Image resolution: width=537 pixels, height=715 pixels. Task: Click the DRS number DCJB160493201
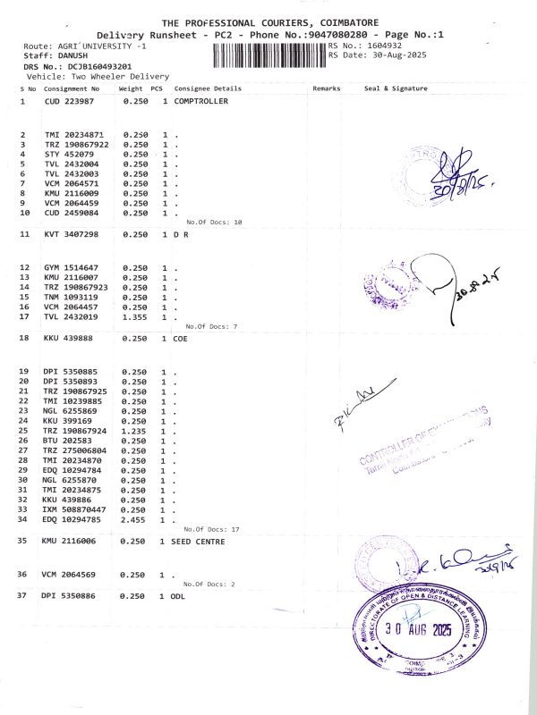(x=88, y=66)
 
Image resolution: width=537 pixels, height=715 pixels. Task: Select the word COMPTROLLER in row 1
(x=200, y=101)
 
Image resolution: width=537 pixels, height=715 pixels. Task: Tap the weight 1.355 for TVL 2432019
(x=135, y=316)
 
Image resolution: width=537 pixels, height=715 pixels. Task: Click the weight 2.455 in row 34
(x=135, y=518)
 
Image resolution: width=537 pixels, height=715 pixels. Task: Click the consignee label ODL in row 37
(x=177, y=594)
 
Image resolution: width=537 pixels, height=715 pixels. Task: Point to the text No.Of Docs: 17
(x=211, y=529)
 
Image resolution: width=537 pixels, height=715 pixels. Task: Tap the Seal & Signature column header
(x=396, y=88)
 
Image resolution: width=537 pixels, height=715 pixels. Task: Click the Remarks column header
(x=327, y=88)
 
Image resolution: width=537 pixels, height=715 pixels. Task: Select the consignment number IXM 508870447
(x=76, y=509)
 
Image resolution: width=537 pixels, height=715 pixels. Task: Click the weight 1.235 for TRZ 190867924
(x=135, y=431)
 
